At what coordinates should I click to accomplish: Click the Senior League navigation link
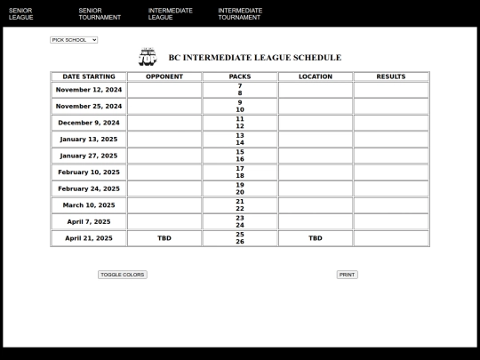[20, 13]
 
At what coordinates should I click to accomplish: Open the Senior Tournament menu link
[99, 13]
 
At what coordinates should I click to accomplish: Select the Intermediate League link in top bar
[170, 13]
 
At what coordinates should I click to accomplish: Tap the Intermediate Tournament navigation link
[240, 13]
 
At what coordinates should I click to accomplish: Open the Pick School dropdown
[74, 40]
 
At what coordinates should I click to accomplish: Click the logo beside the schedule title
[148, 57]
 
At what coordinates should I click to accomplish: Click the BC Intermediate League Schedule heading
[254, 58]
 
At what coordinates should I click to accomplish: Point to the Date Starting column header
[89, 76]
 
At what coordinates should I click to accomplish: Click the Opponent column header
[164, 76]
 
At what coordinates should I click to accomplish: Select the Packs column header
[240, 76]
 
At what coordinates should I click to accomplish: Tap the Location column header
[316, 76]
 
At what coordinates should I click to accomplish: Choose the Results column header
[391, 76]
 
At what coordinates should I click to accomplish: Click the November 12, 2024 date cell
[89, 90]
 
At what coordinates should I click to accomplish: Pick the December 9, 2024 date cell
[89, 123]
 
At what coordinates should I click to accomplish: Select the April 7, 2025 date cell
[89, 221]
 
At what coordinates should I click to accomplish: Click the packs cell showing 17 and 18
[240, 172]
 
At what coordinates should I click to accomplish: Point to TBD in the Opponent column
[164, 238]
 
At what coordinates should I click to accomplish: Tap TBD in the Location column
[316, 238]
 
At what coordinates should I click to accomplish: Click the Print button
[347, 275]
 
